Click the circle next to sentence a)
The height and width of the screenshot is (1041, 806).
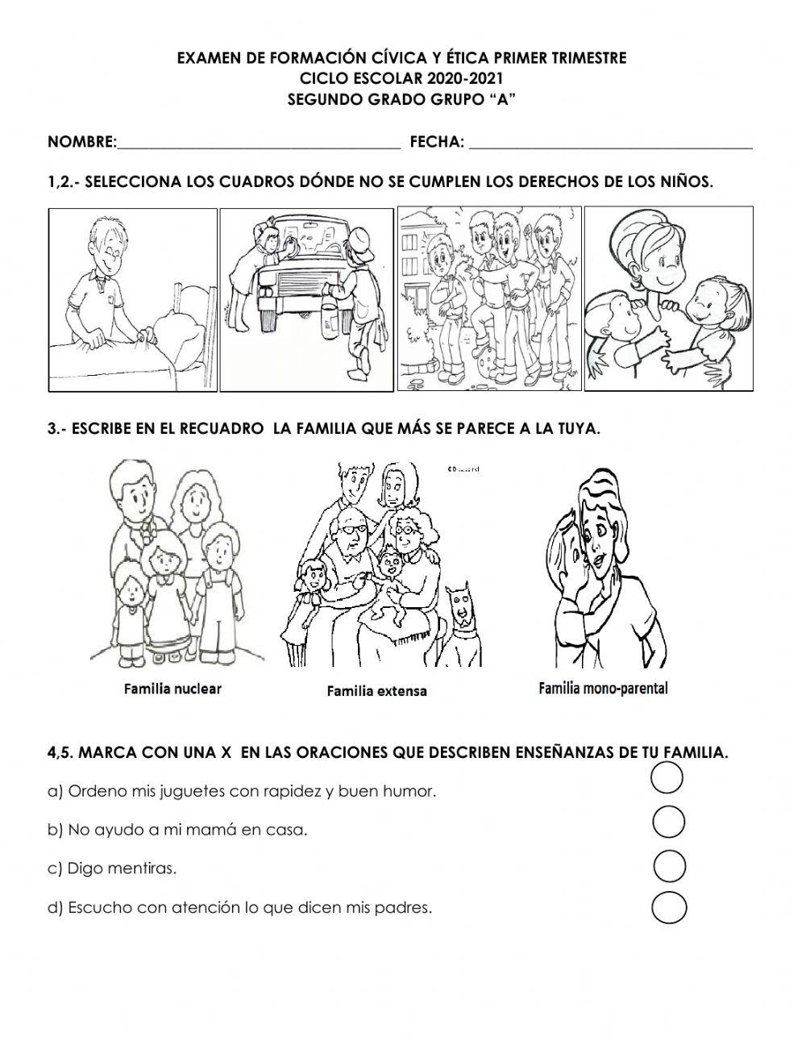click(666, 779)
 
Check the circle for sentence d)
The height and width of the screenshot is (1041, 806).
click(669, 908)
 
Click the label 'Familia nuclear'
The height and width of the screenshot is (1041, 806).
click(172, 689)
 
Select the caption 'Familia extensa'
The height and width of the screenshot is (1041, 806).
click(376, 691)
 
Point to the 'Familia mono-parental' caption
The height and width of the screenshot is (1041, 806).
click(603, 688)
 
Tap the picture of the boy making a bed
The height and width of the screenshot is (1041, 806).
click(133, 299)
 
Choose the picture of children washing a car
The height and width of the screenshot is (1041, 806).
click(308, 299)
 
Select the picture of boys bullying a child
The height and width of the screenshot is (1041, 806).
click(488, 299)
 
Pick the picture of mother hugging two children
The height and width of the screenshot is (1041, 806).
click(668, 299)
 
